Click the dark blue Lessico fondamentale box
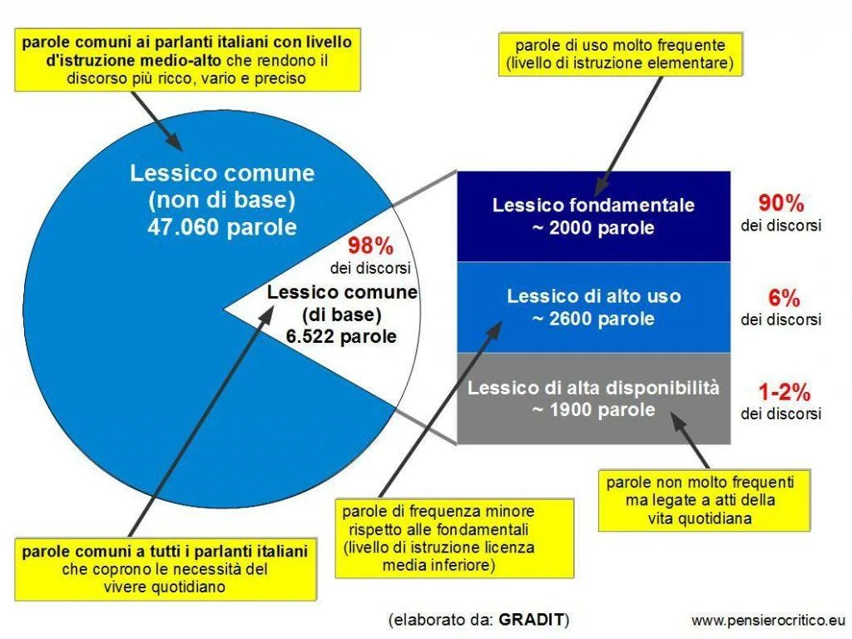[x=593, y=216]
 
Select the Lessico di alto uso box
[x=593, y=307]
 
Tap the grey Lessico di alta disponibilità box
[x=593, y=399]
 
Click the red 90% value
[x=781, y=203]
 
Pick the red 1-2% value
[x=784, y=392]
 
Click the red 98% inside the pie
[x=370, y=246]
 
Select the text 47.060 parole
[x=222, y=227]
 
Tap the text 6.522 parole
[x=341, y=336]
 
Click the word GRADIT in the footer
[x=531, y=619]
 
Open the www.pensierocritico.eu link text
[x=768, y=620]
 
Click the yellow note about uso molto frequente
[x=620, y=54]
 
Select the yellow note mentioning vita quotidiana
[x=704, y=500]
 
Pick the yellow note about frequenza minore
[x=454, y=538]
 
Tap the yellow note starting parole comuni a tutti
[x=166, y=569]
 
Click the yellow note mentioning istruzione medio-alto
[x=187, y=60]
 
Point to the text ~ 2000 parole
[x=593, y=228]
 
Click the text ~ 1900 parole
[x=593, y=409]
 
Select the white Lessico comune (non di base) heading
[x=222, y=186]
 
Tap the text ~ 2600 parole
[x=593, y=319]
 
